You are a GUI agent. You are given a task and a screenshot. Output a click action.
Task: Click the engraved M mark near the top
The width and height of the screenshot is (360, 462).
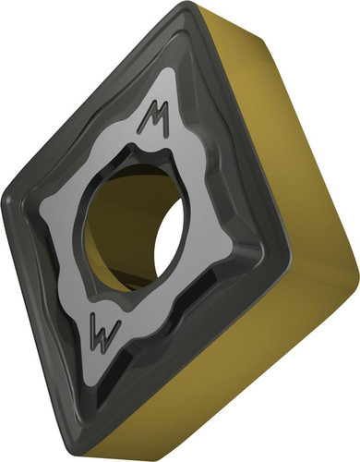point(155,118)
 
